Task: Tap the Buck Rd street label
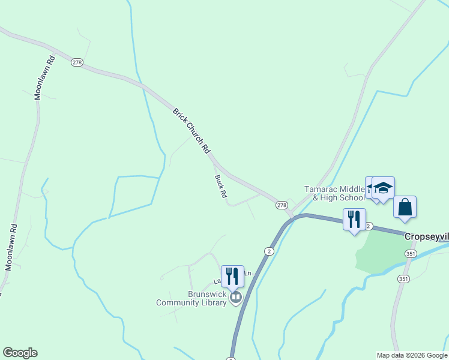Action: (221, 187)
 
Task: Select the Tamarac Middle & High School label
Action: (334, 193)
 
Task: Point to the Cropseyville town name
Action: (426, 236)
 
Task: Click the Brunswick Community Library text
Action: (191, 299)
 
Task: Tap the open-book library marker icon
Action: (236, 297)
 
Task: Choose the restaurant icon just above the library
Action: (232, 277)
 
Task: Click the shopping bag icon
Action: (405, 207)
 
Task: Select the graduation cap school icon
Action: (383, 188)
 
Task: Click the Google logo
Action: (20, 353)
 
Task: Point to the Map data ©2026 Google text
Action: (412, 355)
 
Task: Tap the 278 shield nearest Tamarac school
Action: (282, 205)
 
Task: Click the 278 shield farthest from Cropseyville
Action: (76, 62)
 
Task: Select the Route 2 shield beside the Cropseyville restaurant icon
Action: (369, 226)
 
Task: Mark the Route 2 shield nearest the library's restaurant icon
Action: (270, 251)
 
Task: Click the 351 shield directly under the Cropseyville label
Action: (410, 254)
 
